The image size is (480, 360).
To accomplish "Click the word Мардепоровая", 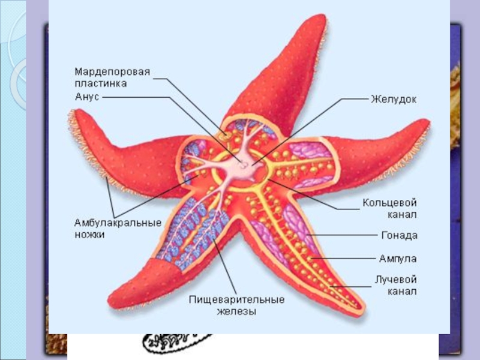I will point(112,71).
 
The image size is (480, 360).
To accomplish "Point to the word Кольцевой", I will point(389,203).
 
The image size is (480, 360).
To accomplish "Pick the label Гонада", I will point(398,236).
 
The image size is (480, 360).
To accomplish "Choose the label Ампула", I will point(397,259).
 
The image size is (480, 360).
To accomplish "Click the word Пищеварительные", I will point(236,299).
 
